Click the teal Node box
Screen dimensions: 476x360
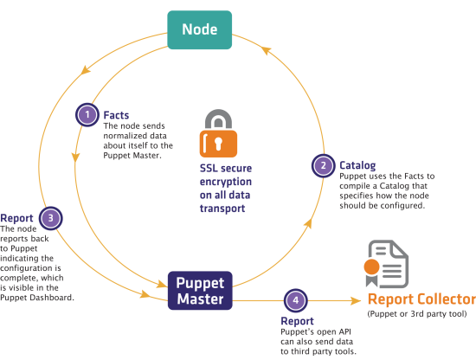[199, 29]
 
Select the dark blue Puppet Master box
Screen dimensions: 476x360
[200, 291]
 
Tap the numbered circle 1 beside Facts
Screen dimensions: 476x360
[87, 115]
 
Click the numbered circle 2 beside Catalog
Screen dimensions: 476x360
[324, 165]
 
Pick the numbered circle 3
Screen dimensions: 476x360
[51, 218]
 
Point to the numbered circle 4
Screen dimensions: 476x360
[296, 300]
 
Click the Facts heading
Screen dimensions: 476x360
[116, 115]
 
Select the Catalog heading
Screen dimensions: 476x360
[357, 166]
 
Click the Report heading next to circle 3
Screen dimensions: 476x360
[16, 218]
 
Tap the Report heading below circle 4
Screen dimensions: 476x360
[297, 321]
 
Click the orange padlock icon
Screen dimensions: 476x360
[218, 133]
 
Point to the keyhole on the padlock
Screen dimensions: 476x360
[218, 144]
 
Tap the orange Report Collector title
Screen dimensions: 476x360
[421, 299]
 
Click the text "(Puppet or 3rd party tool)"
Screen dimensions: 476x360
[417, 314]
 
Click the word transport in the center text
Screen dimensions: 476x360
[222, 209]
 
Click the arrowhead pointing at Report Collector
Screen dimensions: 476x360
[356, 301]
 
